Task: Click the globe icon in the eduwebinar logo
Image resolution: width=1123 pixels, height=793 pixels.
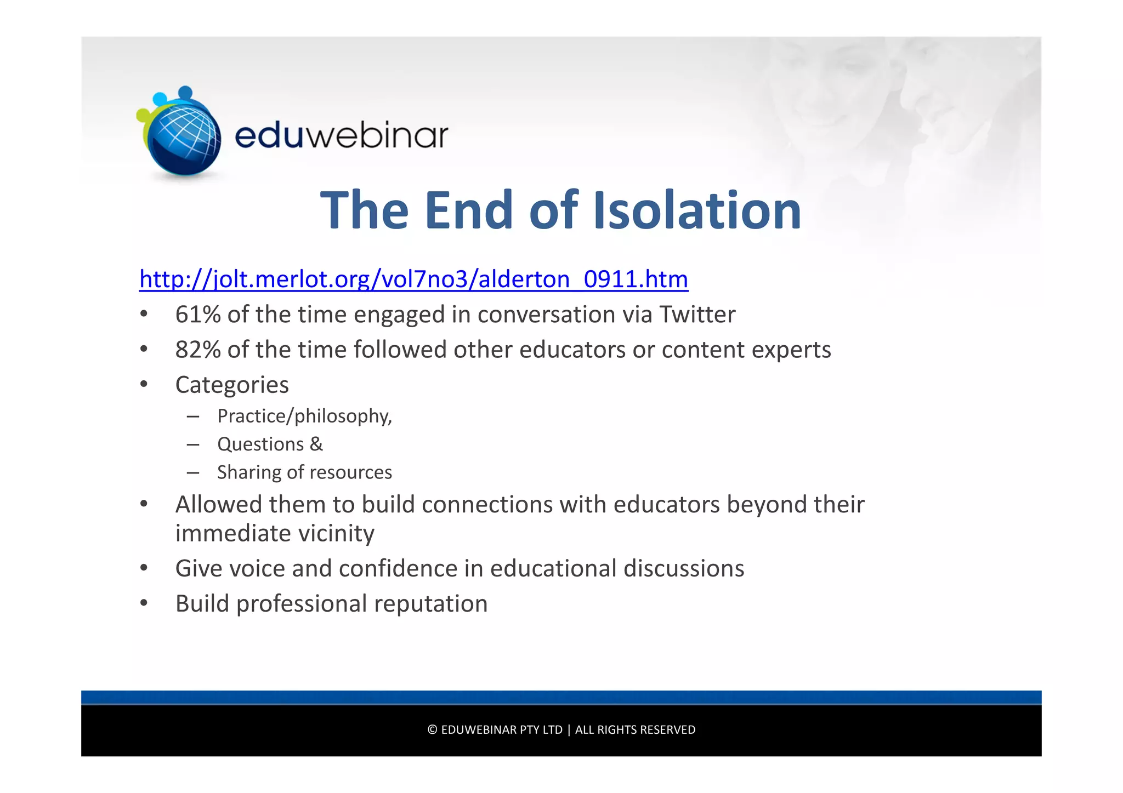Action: [x=184, y=137]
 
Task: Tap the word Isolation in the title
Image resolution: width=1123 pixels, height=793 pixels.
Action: [x=697, y=210]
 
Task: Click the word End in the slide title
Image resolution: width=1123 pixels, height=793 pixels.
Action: [x=468, y=210]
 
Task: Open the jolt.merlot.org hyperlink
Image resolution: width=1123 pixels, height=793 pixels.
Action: [x=413, y=279]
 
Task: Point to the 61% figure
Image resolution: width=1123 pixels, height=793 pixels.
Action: [x=197, y=315]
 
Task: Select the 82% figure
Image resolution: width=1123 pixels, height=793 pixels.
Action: [x=197, y=350]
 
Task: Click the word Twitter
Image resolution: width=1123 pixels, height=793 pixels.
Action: [x=697, y=315]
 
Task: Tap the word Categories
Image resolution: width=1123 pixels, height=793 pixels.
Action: [x=232, y=385]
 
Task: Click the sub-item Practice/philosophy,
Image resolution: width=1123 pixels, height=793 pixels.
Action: [x=304, y=416]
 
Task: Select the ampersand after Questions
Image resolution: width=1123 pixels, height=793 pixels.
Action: [x=316, y=444]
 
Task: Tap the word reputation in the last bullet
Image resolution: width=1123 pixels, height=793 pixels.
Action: [x=430, y=604]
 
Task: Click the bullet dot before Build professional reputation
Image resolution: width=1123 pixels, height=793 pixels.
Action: [x=144, y=603]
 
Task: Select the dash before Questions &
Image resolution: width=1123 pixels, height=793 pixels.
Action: [x=192, y=444]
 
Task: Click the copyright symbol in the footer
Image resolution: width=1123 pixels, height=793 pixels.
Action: [x=432, y=730]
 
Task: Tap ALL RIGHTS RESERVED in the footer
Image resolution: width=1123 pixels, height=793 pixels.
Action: [x=635, y=730]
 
